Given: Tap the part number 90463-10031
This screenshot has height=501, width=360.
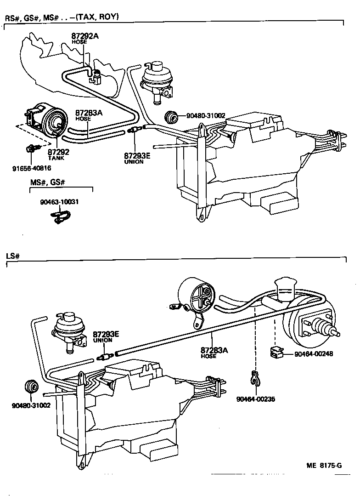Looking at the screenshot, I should (x=59, y=202).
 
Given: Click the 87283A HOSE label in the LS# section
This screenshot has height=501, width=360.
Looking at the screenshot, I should (x=214, y=352).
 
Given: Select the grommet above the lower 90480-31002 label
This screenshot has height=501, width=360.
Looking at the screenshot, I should (x=32, y=387).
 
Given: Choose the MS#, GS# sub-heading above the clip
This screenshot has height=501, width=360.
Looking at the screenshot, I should (x=48, y=182).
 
